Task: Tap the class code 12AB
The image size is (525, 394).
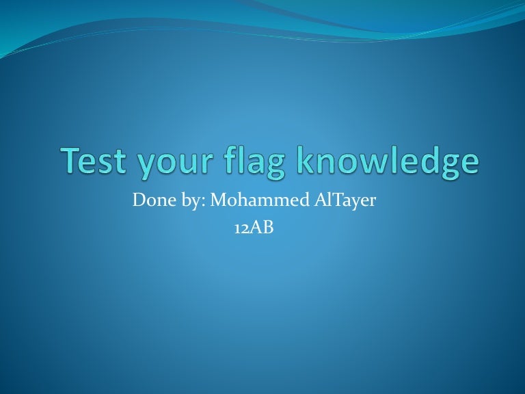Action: pos(254,228)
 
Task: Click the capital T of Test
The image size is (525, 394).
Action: pos(71,159)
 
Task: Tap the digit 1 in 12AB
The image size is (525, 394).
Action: pos(237,229)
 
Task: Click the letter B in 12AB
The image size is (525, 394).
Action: pos(268,228)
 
